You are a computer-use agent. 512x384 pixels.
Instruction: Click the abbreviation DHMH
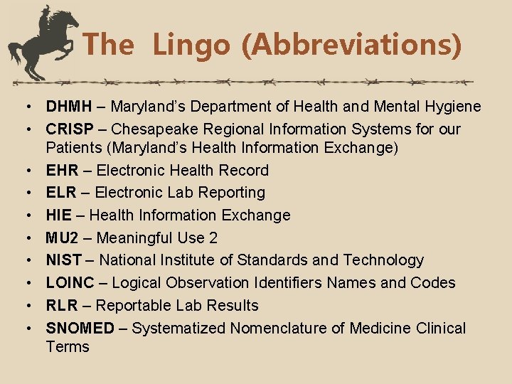tap(69, 107)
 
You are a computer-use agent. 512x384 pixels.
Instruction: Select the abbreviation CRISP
tap(70, 129)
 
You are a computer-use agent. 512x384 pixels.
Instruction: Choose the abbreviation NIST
tap(64, 260)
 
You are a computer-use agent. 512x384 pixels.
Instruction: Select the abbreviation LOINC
tap(70, 283)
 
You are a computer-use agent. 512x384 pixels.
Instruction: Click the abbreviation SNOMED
tap(80, 329)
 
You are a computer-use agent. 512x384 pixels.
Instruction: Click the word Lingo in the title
tap(191, 46)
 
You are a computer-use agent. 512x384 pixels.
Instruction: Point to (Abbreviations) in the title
tap(351, 46)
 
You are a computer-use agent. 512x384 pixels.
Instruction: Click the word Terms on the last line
tap(68, 347)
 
